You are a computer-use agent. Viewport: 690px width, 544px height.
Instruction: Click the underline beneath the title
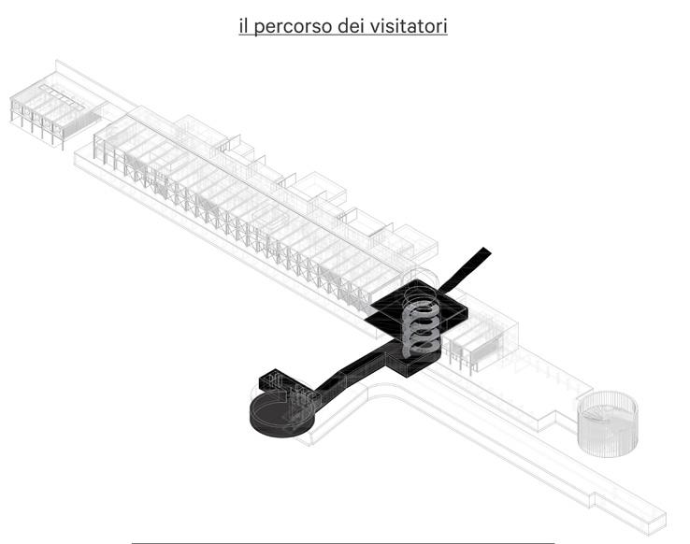[x=343, y=37]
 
